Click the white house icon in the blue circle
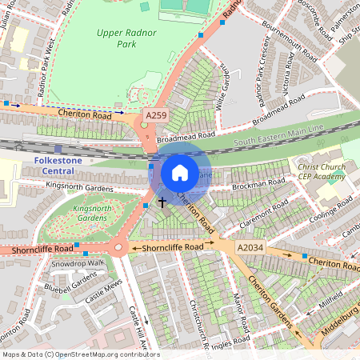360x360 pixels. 180,173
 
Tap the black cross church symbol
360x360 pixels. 162,202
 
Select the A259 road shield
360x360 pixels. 156,117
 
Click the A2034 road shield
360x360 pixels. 250,250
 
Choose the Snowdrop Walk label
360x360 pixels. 78,263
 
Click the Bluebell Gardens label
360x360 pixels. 70,282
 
